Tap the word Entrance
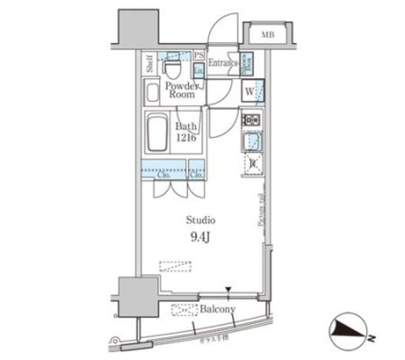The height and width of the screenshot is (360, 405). point(222,63)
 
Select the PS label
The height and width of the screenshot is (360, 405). point(199,55)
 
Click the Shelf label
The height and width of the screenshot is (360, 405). point(149,65)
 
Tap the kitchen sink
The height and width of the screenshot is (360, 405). point(252,142)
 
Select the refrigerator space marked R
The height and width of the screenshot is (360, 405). point(252,163)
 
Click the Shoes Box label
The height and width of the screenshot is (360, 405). point(249,63)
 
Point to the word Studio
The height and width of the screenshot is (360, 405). point(201,220)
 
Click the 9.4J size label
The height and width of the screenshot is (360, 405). point(201,239)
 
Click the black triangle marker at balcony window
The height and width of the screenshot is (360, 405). point(228,290)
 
